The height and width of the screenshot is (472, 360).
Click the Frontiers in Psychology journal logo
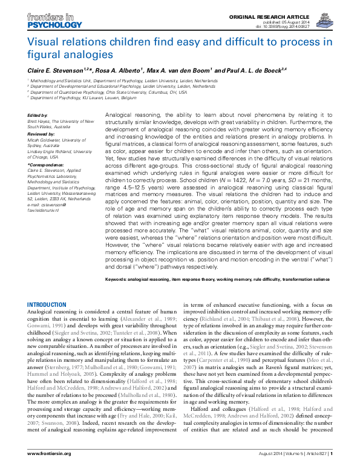point(54,21)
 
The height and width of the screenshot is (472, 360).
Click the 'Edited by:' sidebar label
point(38,115)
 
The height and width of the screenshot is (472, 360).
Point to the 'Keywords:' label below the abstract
point(118,280)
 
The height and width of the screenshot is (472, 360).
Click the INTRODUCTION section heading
point(47,304)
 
